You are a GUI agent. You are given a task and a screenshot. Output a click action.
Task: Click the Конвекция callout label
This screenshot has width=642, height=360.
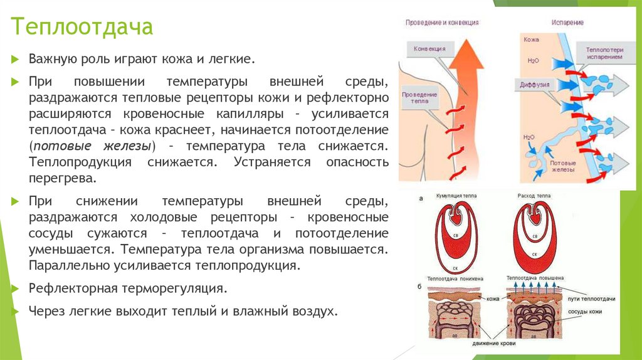(x=430, y=48)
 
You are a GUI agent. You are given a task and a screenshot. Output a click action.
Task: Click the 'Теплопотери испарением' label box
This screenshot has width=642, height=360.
(x=604, y=53)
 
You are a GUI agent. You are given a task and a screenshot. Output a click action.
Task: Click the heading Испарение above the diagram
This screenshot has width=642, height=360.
(x=567, y=23)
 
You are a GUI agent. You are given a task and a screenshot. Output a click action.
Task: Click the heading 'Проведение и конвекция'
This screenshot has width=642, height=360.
(x=442, y=23)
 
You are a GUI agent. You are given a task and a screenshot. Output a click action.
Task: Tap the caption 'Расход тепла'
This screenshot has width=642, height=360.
(x=535, y=196)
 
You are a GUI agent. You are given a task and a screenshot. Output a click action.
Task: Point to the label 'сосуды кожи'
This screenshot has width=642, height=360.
(x=602, y=312)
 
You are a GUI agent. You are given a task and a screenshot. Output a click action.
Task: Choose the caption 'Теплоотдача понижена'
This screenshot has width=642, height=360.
(x=452, y=277)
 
